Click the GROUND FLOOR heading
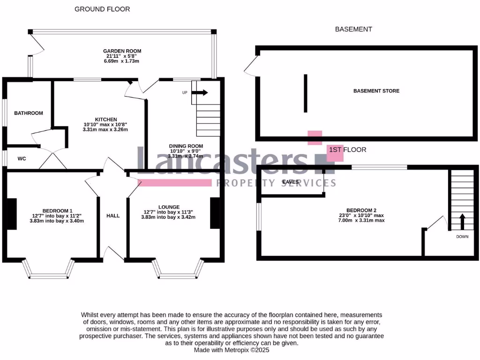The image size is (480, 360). coord(102,9)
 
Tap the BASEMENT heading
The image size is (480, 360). coord(353,29)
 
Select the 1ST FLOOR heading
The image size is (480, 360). coord(347,150)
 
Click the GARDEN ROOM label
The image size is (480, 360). coord(122,51)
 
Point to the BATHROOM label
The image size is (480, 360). coord(28,113)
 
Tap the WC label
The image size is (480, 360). coord(22,159)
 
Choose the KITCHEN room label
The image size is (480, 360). coord(105,120)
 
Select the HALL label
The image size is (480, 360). coord(113,216)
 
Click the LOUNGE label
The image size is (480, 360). coord(169,207)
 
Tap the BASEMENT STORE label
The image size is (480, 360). coord(376,91)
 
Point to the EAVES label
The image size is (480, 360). coord(291,182)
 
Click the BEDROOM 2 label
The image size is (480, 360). coord(361,210)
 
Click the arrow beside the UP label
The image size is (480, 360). coord(200,93)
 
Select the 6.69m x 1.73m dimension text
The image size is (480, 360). coord(122,61)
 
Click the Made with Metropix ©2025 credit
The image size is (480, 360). coord(232,350)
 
